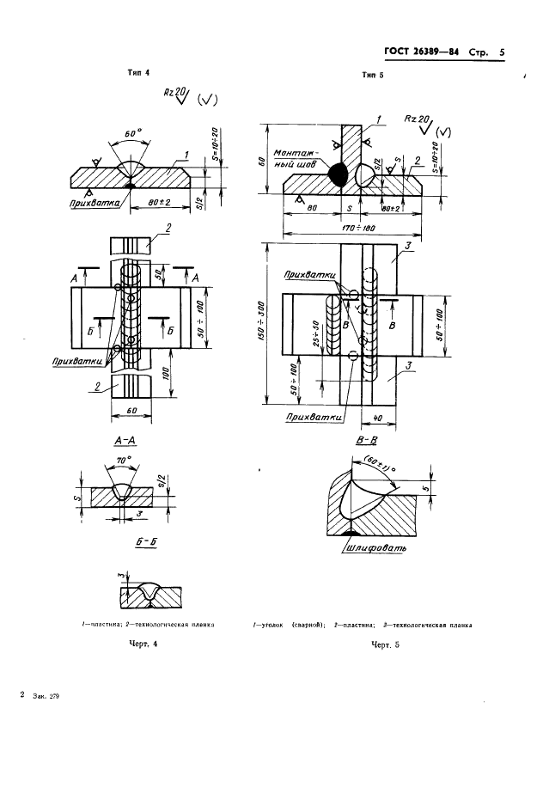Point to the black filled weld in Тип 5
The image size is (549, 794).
pyautogui.click(x=337, y=174)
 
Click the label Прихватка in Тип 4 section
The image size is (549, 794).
pyautogui.click(x=96, y=204)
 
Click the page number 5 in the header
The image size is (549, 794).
pyautogui.click(x=501, y=53)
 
